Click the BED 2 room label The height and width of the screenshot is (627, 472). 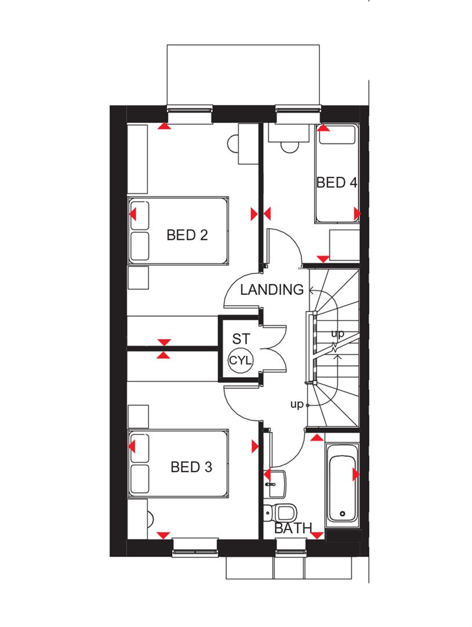pyautogui.click(x=187, y=235)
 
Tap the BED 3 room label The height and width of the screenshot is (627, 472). pyautogui.click(x=191, y=467)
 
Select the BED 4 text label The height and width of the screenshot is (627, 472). pyautogui.click(x=336, y=183)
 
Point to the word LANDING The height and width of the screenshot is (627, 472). pyautogui.click(x=272, y=289)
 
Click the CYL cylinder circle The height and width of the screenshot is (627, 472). pyautogui.click(x=241, y=361)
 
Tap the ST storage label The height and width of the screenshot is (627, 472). pyautogui.click(x=241, y=338)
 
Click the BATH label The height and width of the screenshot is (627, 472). pyautogui.click(x=293, y=529)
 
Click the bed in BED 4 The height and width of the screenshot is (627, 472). pyautogui.click(x=336, y=174)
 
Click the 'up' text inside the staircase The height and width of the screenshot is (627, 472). pyautogui.click(x=337, y=334)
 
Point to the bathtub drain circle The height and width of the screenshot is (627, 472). pyautogui.click(x=343, y=514)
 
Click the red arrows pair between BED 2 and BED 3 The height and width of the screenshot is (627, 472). pyautogui.click(x=164, y=348)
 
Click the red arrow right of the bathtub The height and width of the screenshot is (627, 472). pyautogui.click(x=356, y=475)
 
